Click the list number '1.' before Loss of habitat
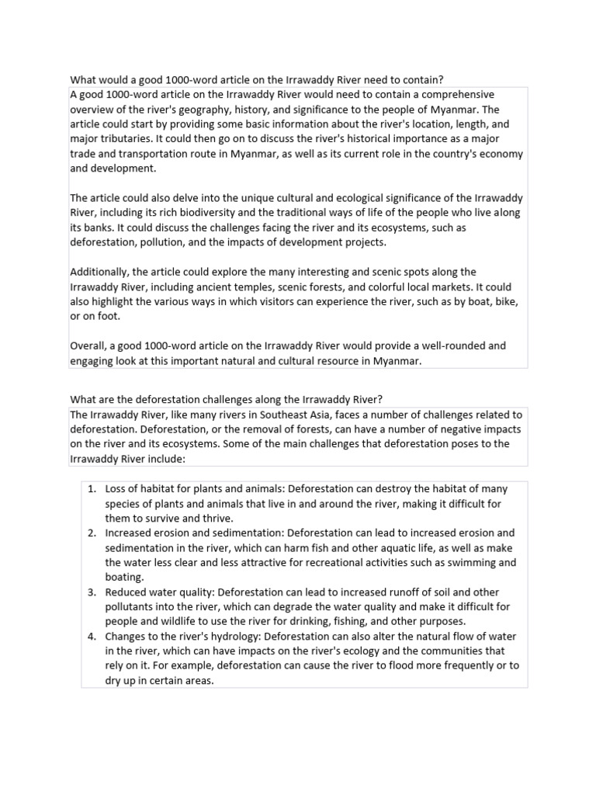[92, 489]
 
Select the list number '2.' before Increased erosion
[92, 533]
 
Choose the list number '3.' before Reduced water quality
[92, 592]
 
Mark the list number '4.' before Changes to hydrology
[92, 637]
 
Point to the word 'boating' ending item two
[124, 578]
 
